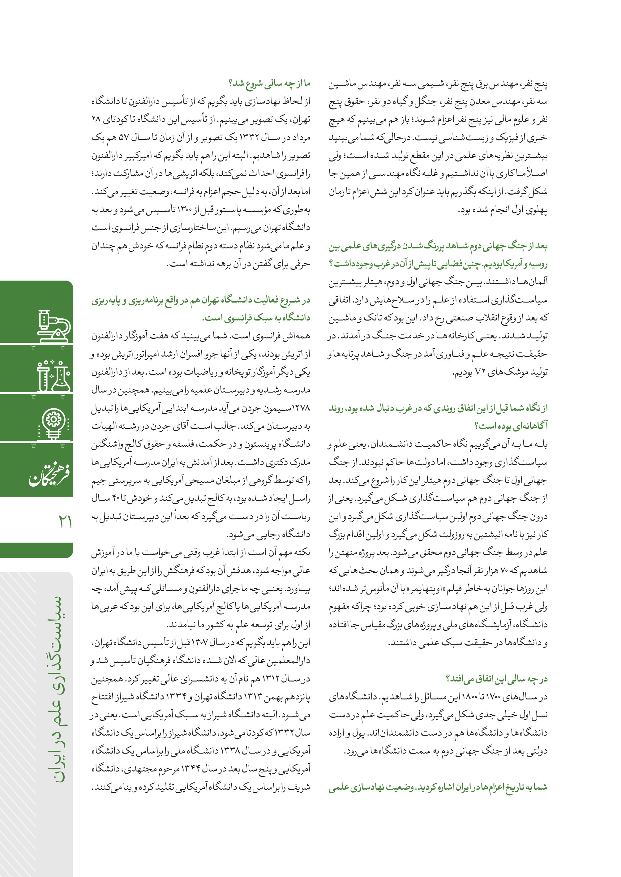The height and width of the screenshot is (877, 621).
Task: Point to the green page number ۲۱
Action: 65,521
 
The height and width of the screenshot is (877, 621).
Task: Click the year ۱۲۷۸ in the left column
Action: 301,408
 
